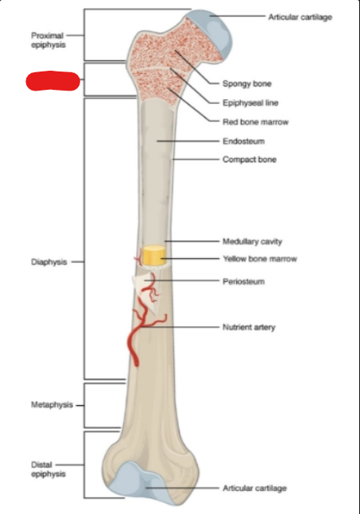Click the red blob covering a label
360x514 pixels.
pyautogui.click(x=52, y=81)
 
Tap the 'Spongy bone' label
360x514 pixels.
pyautogui.click(x=247, y=83)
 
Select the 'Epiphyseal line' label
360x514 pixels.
pyautogui.click(x=250, y=103)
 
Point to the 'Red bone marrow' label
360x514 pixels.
pyautogui.click(x=255, y=122)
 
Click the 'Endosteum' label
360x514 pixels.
pyautogui.click(x=244, y=141)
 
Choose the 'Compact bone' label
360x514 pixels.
pyautogui.click(x=250, y=160)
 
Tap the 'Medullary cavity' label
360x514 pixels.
pyautogui.click(x=252, y=242)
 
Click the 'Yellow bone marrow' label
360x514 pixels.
pyautogui.click(x=260, y=259)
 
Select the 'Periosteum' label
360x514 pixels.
pyautogui.click(x=244, y=281)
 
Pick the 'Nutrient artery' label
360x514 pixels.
pyautogui.click(x=249, y=327)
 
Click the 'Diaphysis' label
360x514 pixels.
pyautogui.click(x=48, y=262)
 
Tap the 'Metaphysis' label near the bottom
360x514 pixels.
pyautogui.click(x=52, y=405)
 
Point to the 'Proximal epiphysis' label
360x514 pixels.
pyautogui.click(x=48, y=40)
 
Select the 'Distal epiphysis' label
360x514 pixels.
pyautogui.click(x=48, y=470)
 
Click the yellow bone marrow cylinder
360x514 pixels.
pyautogui.click(x=153, y=255)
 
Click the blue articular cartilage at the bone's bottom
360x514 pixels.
pyautogui.click(x=141, y=480)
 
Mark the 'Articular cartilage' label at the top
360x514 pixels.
pyautogui.click(x=300, y=17)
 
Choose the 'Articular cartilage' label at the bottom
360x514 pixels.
pyautogui.click(x=255, y=489)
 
